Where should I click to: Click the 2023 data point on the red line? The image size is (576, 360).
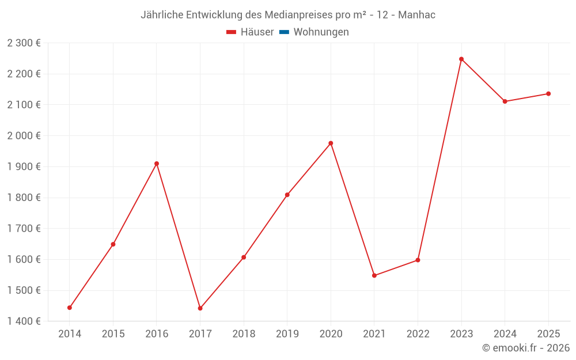click(461, 59)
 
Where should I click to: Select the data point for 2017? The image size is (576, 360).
click(200, 308)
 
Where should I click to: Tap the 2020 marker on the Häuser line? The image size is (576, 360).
click(331, 143)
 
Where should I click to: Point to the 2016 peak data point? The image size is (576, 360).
click(157, 164)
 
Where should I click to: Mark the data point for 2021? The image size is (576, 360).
click(374, 275)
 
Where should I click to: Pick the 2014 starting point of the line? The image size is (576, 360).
click(70, 308)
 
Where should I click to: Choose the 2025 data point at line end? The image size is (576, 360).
click(548, 94)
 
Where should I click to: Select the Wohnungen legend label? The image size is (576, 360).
click(321, 32)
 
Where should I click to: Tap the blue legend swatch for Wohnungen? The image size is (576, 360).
click(284, 32)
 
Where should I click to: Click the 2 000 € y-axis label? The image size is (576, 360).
click(24, 135)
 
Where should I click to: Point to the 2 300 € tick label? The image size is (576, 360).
click(24, 43)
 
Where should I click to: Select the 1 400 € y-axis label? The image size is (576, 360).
click(24, 321)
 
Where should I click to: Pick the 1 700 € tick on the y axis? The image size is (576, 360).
click(24, 228)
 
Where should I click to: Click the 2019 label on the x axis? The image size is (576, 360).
click(287, 334)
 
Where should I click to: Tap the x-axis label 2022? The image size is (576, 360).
click(418, 334)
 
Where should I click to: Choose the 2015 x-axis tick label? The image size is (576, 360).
click(113, 334)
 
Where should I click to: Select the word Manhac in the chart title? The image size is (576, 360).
click(417, 14)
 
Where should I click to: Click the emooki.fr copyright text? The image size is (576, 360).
click(526, 348)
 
